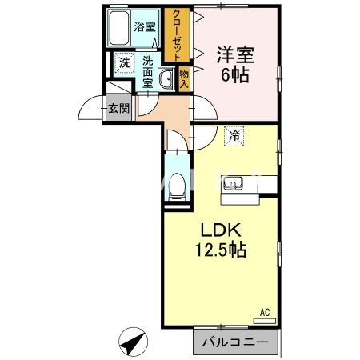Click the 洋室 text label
pyautogui.click(x=233, y=55)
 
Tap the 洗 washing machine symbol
pyautogui.click(x=124, y=63)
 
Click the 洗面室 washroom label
pyautogui.click(x=148, y=72)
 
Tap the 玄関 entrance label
pyautogui.click(x=119, y=109)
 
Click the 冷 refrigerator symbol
pyautogui.click(x=234, y=136)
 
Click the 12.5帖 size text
pyautogui.click(x=221, y=250)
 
